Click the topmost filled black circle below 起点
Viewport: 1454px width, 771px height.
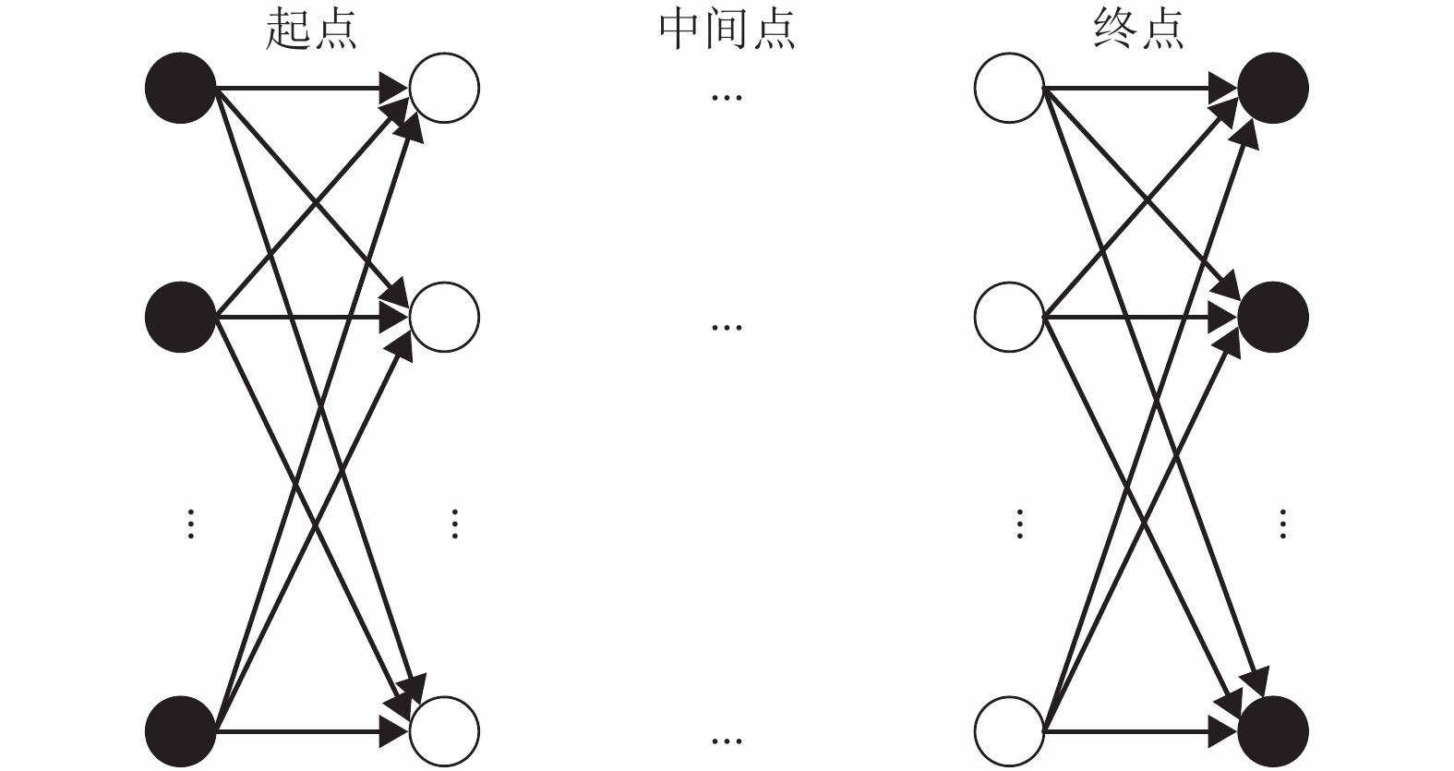click(181, 88)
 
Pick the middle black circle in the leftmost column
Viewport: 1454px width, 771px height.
click(181, 317)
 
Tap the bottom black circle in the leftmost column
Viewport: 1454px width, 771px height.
click(181, 731)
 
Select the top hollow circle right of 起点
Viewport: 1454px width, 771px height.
click(444, 88)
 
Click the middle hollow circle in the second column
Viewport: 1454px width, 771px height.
click(444, 317)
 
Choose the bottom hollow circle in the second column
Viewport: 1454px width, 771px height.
click(444, 731)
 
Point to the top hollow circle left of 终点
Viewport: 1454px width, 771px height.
click(1009, 88)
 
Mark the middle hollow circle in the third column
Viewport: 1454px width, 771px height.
click(1009, 317)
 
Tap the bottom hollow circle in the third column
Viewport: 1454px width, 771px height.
click(1009, 731)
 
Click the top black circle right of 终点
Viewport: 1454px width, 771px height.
click(1273, 88)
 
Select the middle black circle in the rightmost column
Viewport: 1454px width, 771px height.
click(1273, 317)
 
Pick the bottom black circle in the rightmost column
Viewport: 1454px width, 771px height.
click(1273, 731)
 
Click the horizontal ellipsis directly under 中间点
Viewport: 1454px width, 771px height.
click(727, 97)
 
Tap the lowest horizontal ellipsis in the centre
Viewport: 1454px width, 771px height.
click(727, 741)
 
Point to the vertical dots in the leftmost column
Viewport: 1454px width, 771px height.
click(190, 524)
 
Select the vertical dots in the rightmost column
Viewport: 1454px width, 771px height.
click(1282, 524)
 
